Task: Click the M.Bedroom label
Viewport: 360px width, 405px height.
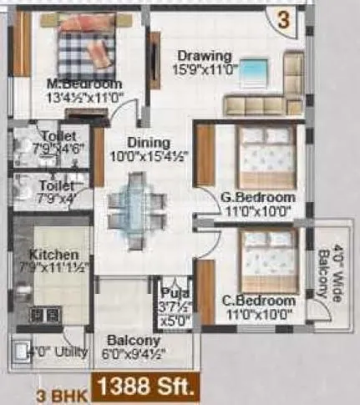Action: coord(85,84)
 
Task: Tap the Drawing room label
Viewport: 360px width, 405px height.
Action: coord(200,56)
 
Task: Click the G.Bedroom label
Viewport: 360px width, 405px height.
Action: coord(257,197)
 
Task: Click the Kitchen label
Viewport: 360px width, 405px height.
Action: coord(53,254)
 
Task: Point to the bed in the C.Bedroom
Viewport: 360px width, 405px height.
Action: coord(267,259)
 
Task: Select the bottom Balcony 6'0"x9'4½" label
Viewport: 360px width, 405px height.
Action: coord(134,347)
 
